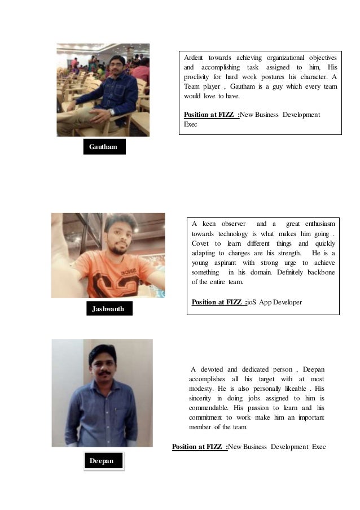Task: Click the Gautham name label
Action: (103, 147)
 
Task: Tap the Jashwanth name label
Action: (108, 308)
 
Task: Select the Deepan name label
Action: (102, 461)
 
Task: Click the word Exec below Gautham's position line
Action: (191, 124)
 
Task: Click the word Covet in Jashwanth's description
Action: (200, 243)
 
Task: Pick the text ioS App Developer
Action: (275, 302)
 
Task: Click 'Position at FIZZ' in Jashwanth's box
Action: (219, 302)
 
